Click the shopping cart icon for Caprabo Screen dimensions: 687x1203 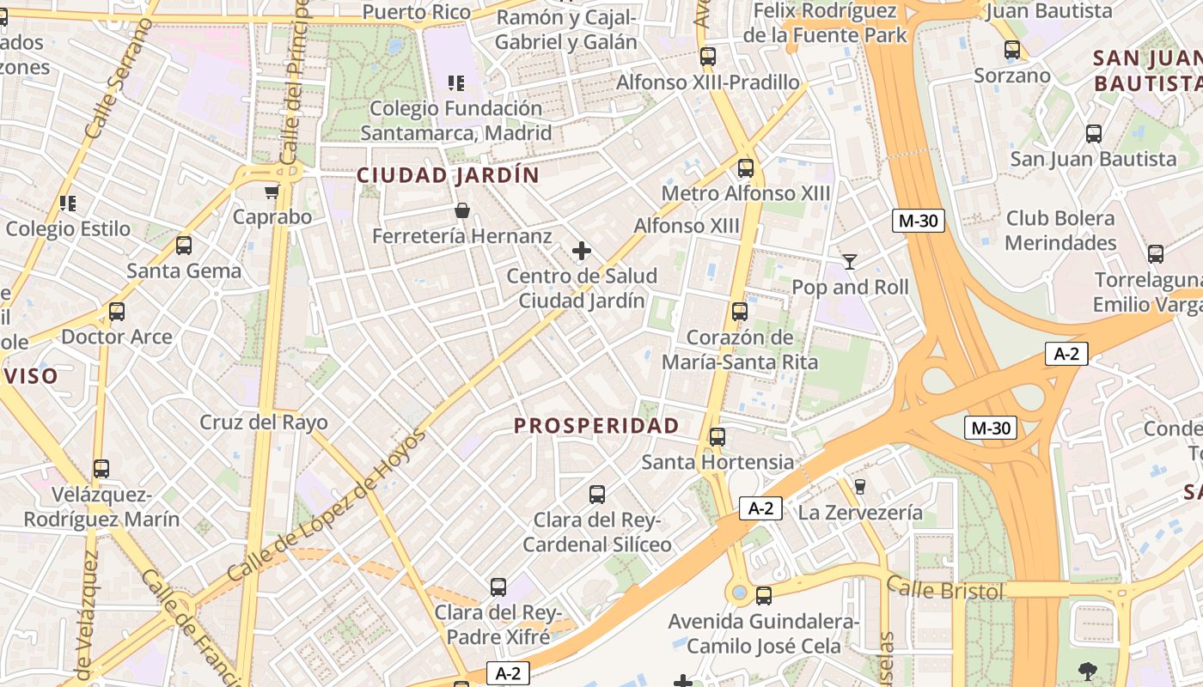click(x=272, y=192)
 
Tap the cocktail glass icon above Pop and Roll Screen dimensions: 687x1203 click(x=850, y=261)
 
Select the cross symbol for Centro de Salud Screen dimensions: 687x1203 click(x=582, y=251)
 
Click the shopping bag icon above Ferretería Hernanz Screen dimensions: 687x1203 click(x=462, y=210)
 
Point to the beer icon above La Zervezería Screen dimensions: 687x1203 click(x=859, y=487)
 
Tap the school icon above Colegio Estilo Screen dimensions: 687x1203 click(x=68, y=204)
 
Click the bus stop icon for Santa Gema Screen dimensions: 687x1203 click(x=183, y=246)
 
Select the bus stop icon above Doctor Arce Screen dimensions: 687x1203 click(x=117, y=312)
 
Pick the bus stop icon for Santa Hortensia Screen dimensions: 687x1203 click(x=718, y=437)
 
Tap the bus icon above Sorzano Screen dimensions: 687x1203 click(x=1011, y=51)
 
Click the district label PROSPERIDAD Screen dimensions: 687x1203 click(x=596, y=426)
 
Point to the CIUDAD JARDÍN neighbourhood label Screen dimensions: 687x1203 click(x=448, y=176)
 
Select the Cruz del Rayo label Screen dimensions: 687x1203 click(x=264, y=423)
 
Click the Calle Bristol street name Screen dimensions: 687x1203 click(x=945, y=591)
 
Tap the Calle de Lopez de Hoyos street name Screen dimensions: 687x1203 click(x=327, y=507)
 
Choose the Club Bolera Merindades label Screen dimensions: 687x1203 click(x=1060, y=230)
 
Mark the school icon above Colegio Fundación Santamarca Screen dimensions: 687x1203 click(x=456, y=83)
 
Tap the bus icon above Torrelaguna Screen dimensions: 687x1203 click(x=1155, y=254)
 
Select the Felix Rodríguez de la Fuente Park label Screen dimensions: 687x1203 click(x=825, y=23)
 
